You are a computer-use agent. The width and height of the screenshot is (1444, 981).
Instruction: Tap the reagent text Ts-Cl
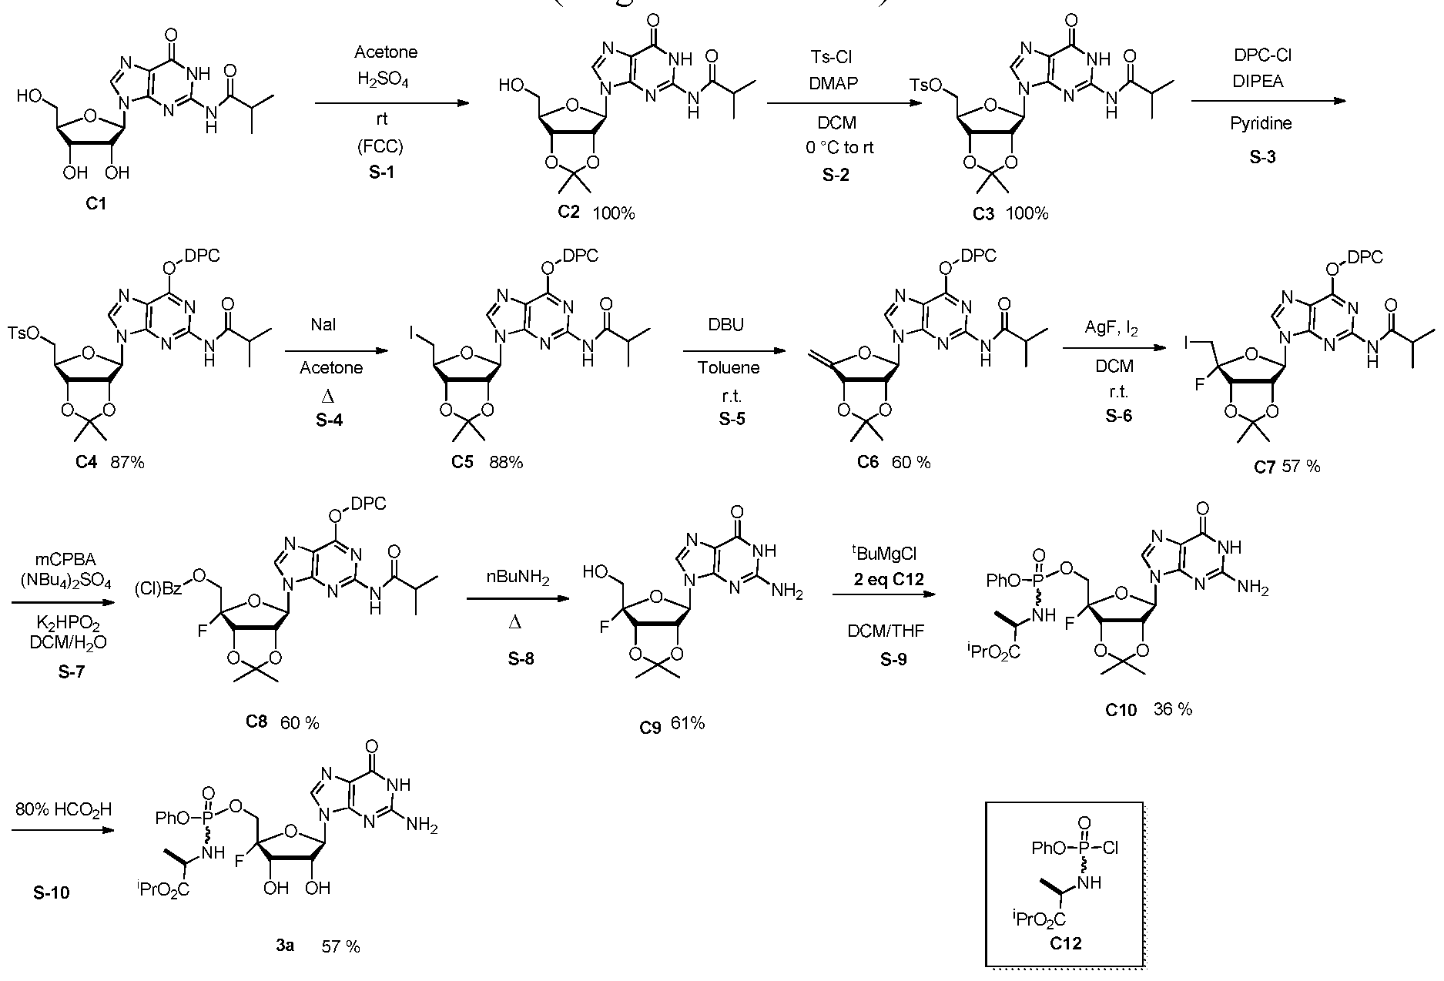pyautogui.click(x=831, y=58)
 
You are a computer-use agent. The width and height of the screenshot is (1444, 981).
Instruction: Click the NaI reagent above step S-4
pyautogui.click(x=324, y=326)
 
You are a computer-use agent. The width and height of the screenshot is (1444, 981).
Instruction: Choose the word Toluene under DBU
pyautogui.click(x=728, y=367)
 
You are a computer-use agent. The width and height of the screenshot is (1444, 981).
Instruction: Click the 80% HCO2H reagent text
pyautogui.click(x=63, y=809)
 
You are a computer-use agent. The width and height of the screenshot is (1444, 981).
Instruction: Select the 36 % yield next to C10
pyautogui.click(x=1173, y=709)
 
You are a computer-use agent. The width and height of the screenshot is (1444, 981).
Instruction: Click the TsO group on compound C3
pyautogui.click(x=945, y=85)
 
